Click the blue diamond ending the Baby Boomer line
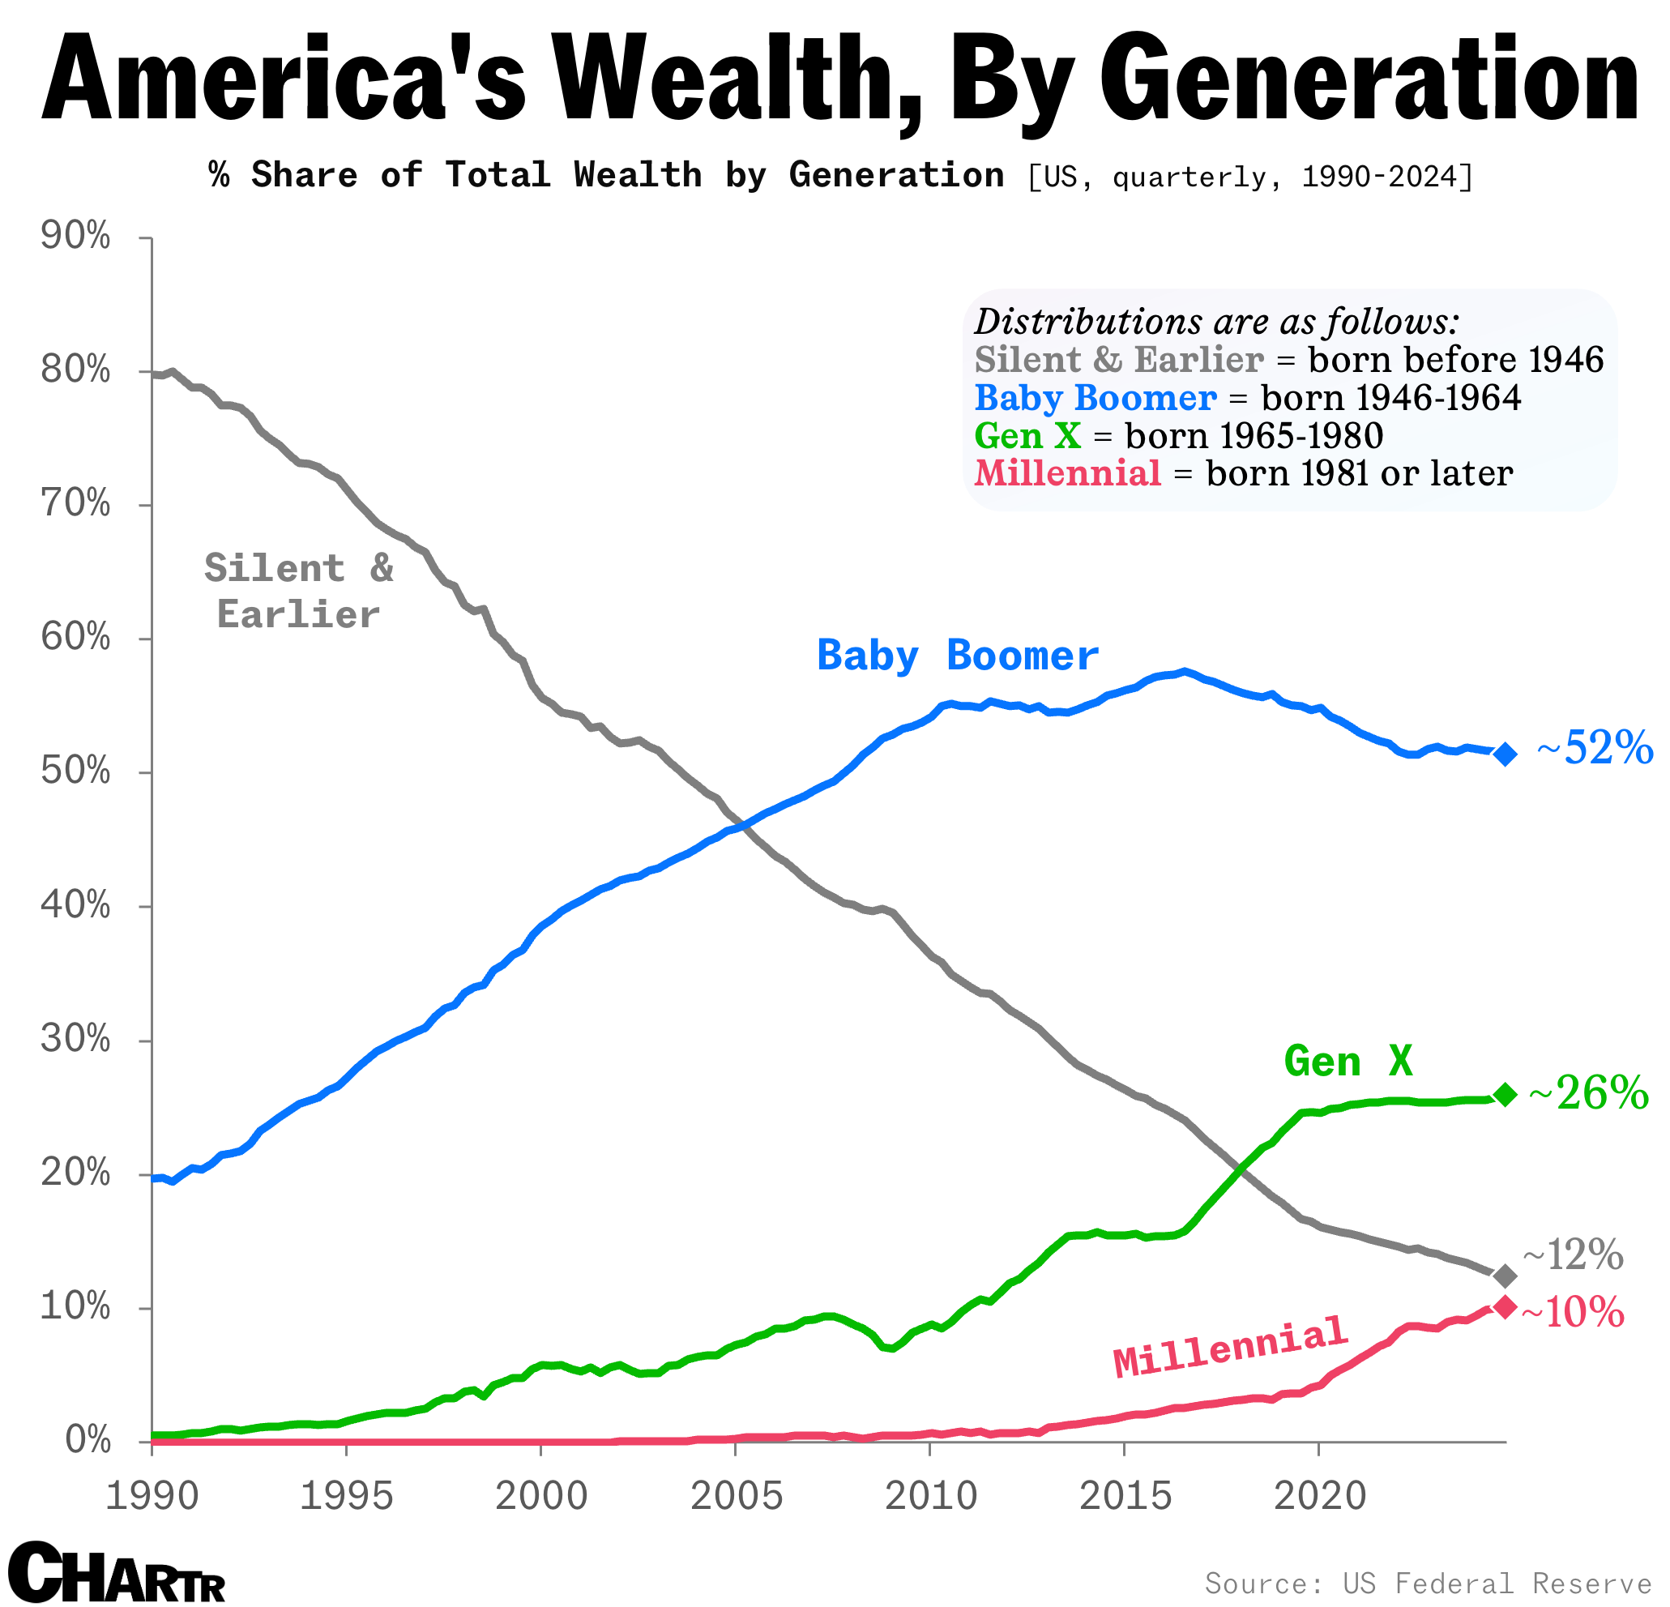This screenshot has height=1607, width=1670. tap(1505, 753)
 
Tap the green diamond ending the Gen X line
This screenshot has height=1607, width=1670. tap(1505, 1095)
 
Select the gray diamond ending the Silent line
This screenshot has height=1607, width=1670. tap(1505, 1276)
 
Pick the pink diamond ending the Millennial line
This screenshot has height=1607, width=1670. tap(1505, 1306)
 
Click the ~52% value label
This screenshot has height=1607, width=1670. tap(1594, 749)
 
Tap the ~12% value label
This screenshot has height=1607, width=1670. tap(1573, 1255)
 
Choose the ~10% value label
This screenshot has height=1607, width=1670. tap(1573, 1312)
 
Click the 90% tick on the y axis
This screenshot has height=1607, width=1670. tap(76, 237)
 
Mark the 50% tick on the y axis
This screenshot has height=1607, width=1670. tap(76, 772)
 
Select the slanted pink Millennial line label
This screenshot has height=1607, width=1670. tap(1231, 1346)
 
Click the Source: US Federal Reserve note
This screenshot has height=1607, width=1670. tap(1428, 1583)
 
